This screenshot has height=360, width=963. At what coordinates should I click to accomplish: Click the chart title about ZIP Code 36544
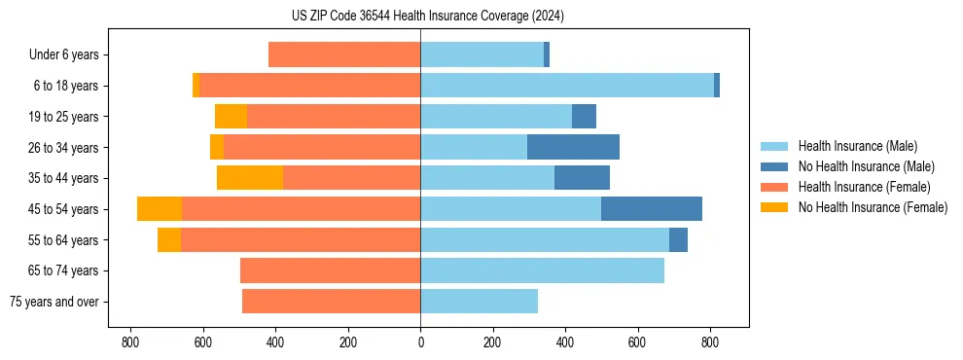(x=427, y=16)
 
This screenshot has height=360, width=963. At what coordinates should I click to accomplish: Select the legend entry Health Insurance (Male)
(x=856, y=146)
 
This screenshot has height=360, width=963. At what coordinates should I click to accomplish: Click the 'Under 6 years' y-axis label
(x=64, y=55)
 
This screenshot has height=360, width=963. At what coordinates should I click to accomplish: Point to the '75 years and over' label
(x=54, y=302)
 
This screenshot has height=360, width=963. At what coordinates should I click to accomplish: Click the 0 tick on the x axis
(x=420, y=342)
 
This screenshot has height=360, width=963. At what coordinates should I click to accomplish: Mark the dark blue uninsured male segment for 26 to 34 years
(x=573, y=147)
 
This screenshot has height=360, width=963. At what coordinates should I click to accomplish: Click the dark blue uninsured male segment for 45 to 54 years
(x=651, y=209)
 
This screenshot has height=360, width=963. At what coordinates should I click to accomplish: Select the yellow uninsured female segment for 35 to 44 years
(x=250, y=178)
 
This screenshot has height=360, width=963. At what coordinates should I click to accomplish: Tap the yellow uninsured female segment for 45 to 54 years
(x=160, y=209)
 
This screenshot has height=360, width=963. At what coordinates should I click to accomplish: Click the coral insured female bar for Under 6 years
(x=344, y=55)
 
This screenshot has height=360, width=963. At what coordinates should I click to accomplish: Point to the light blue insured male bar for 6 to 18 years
(x=567, y=86)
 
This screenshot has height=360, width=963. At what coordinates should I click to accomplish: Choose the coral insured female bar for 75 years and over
(x=331, y=302)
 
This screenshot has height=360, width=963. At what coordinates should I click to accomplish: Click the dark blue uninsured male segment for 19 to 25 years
(x=584, y=117)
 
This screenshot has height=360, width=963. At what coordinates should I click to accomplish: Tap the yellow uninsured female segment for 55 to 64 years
(x=169, y=240)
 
